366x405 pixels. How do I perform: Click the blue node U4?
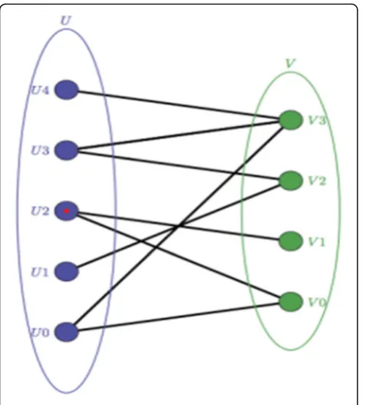coord(66,90)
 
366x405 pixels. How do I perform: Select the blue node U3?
coord(66,151)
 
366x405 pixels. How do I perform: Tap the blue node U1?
coord(66,271)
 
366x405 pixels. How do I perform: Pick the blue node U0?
coord(66,332)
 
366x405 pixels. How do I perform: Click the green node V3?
coord(291,120)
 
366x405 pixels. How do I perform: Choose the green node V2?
coord(291,181)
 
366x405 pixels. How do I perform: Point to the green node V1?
coord(291,241)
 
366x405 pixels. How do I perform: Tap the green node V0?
coord(291,302)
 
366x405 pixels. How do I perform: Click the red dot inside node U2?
coord(67,211)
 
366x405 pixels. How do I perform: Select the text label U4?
coord(40,91)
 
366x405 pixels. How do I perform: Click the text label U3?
coord(40,151)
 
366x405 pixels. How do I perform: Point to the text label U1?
coord(39,272)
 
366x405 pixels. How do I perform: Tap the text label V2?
coord(317,181)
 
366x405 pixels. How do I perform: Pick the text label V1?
coord(317,242)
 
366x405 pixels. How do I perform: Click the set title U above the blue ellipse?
coord(66,21)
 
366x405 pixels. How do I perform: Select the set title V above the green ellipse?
coord(290,63)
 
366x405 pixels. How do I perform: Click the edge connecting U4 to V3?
coord(179,105)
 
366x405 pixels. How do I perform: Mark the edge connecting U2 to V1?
coord(179,226)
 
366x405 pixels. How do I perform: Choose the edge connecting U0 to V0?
coord(179,317)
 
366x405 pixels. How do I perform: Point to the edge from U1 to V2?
coord(179,226)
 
